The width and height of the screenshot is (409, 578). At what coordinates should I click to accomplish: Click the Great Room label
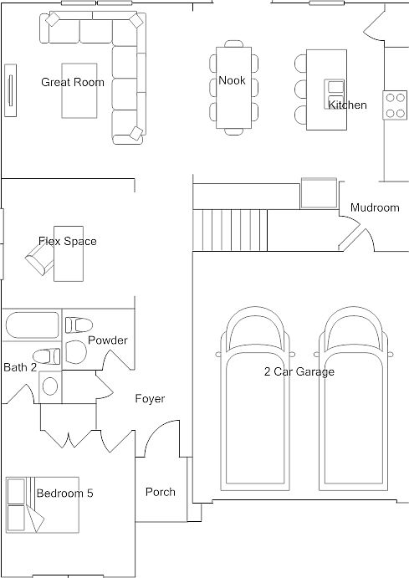(x=73, y=82)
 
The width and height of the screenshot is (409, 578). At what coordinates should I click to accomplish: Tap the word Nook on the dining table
(x=232, y=80)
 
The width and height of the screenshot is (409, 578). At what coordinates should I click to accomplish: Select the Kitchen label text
(x=347, y=105)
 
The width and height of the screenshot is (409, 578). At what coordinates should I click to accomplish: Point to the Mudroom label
(x=375, y=207)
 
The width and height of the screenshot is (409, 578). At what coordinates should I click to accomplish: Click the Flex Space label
(x=68, y=241)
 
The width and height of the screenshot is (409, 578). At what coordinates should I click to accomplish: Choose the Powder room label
(x=108, y=340)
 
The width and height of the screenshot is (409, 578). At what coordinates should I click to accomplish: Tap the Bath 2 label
(x=20, y=367)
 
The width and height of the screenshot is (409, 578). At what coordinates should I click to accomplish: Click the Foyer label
(x=150, y=398)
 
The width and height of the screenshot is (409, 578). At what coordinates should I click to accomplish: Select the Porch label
(x=161, y=492)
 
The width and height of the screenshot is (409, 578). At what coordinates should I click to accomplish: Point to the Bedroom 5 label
(x=65, y=494)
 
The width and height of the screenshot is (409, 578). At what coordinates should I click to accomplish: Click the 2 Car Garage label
(x=299, y=371)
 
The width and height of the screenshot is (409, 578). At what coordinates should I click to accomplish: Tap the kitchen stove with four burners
(x=395, y=105)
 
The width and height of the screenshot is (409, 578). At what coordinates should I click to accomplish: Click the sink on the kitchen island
(x=335, y=90)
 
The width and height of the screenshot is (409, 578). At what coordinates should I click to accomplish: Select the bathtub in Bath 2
(x=32, y=325)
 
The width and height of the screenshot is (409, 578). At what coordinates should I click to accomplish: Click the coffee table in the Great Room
(x=79, y=90)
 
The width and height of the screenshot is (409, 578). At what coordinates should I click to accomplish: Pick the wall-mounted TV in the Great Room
(x=10, y=90)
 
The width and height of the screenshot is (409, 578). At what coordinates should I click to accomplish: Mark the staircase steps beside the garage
(x=230, y=230)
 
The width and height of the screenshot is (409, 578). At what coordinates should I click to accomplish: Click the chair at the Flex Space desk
(x=39, y=258)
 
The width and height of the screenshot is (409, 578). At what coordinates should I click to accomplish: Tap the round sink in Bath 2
(x=50, y=386)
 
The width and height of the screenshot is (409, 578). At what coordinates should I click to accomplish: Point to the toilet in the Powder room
(x=79, y=325)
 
